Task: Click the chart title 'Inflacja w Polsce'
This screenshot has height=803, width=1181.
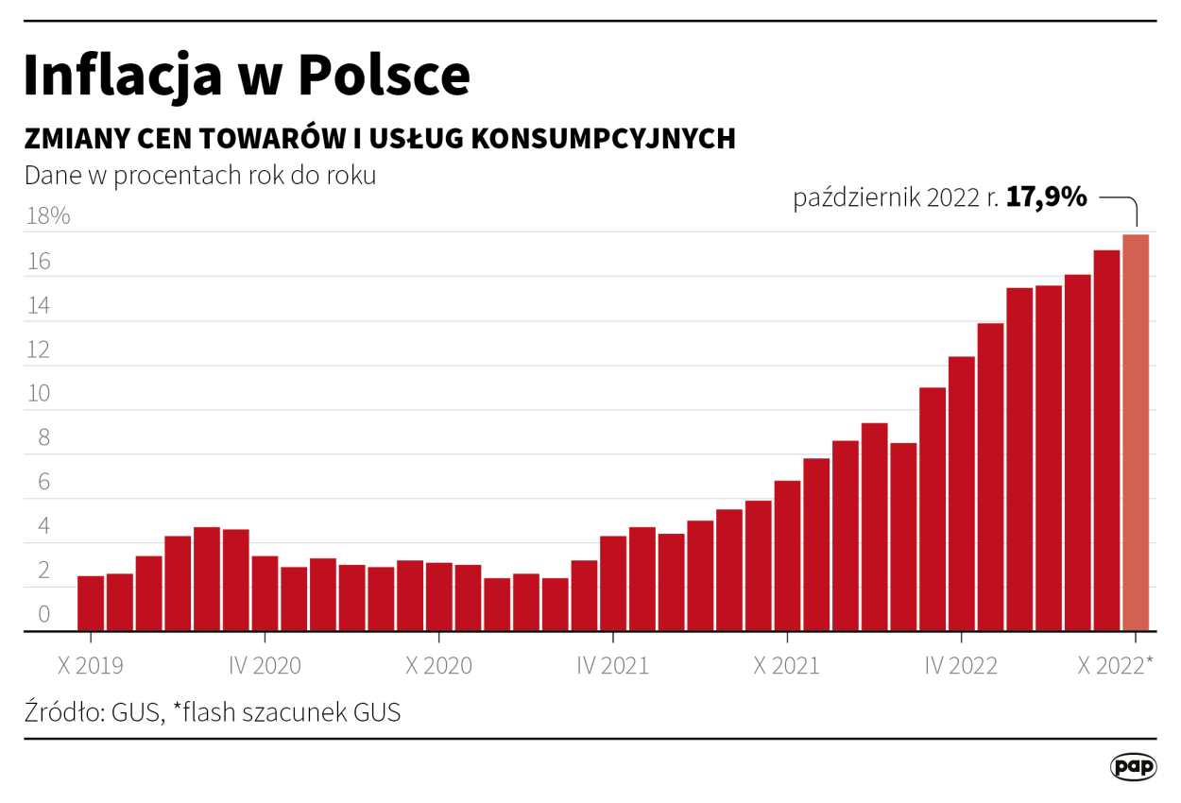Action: (x=246, y=76)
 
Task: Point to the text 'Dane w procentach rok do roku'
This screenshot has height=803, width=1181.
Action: (x=200, y=176)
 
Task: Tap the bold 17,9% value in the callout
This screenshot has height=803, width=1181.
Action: (x=1046, y=197)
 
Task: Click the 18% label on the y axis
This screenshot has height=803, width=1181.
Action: (x=47, y=216)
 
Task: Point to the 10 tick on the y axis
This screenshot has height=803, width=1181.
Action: (x=38, y=394)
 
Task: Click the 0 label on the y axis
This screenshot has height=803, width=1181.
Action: (x=43, y=615)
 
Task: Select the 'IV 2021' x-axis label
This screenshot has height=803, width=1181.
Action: (x=613, y=666)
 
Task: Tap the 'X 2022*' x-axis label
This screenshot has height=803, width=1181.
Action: (x=1115, y=666)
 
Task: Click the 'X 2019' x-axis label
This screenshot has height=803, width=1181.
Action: (x=91, y=666)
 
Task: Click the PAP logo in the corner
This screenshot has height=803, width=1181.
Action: (x=1133, y=766)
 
